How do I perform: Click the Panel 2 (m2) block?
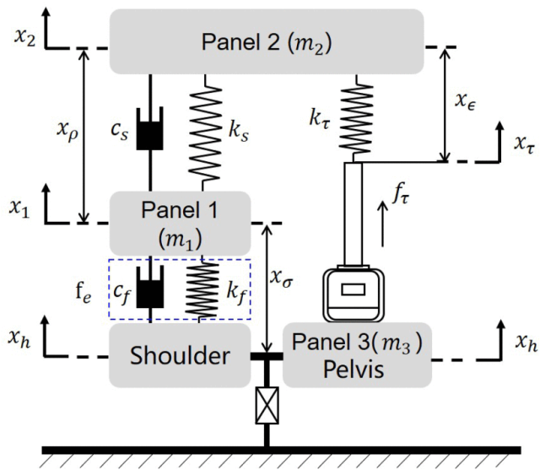(267, 41)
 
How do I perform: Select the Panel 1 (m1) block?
(180, 224)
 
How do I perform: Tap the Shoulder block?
(180, 355)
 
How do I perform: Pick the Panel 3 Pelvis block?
(357, 355)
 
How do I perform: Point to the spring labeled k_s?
(205, 132)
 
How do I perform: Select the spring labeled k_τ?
(356, 118)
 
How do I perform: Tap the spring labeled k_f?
(202, 289)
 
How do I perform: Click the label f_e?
(84, 293)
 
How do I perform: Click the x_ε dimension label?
(465, 100)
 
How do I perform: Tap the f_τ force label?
(400, 195)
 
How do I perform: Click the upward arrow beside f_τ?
(382, 224)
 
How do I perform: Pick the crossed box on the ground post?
(267, 405)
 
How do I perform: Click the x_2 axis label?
(24, 37)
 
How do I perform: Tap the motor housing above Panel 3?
(354, 295)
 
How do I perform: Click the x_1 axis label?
(19, 208)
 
